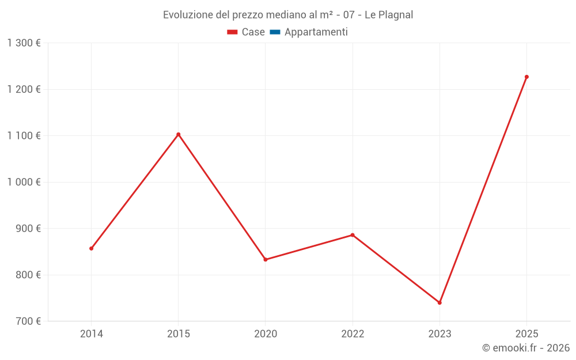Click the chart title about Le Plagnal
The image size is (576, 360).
(x=288, y=15)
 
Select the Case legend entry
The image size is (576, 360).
(x=246, y=32)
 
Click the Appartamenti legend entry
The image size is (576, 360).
(x=316, y=32)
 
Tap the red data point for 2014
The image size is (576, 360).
(x=91, y=248)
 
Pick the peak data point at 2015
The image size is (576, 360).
(x=178, y=134)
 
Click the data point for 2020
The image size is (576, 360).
(x=266, y=259)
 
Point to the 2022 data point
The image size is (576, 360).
(x=353, y=235)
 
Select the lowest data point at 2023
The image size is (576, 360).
(x=439, y=302)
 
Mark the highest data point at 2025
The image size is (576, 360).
(x=526, y=77)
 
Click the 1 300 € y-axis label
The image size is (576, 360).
(x=24, y=43)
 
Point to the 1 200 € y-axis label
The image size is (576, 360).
(x=24, y=89)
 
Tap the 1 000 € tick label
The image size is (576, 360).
(x=24, y=182)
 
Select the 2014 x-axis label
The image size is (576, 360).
(x=91, y=334)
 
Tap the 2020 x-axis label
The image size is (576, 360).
(x=266, y=334)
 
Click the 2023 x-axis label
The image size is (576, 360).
(x=439, y=334)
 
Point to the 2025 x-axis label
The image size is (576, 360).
(x=526, y=334)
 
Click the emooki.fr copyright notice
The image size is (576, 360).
(x=526, y=348)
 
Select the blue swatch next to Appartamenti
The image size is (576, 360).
(x=275, y=32)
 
